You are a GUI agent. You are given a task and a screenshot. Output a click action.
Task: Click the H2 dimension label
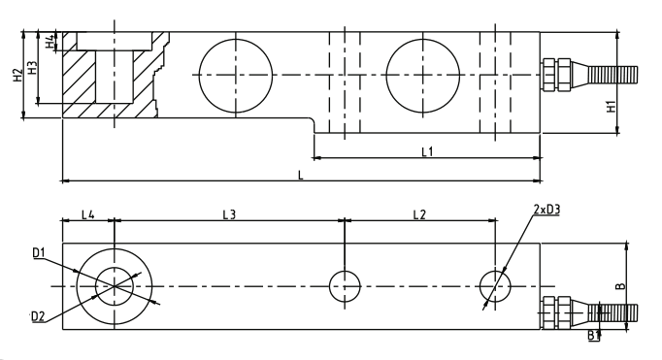pyautogui.click(x=17, y=75)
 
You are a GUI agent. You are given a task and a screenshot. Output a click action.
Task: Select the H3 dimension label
pyautogui.click(x=32, y=68)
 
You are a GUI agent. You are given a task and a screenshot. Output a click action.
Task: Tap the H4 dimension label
pyautogui.click(x=50, y=41)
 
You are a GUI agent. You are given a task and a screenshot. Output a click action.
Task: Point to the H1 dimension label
pyautogui.click(x=611, y=107)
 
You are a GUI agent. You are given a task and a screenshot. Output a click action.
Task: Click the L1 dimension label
pyautogui.click(x=428, y=151)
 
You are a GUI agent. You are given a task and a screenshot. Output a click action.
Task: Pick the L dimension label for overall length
pyautogui.click(x=301, y=175)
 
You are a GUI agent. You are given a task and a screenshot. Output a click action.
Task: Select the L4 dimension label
pyautogui.click(x=87, y=214)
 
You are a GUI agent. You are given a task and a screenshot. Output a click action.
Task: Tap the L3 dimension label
pyautogui.click(x=229, y=214)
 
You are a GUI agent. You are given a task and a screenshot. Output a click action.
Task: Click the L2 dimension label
pyautogui.click(x=419, y=214)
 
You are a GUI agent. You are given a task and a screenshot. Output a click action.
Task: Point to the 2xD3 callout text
pyautogui.click(x=546, y=210)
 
